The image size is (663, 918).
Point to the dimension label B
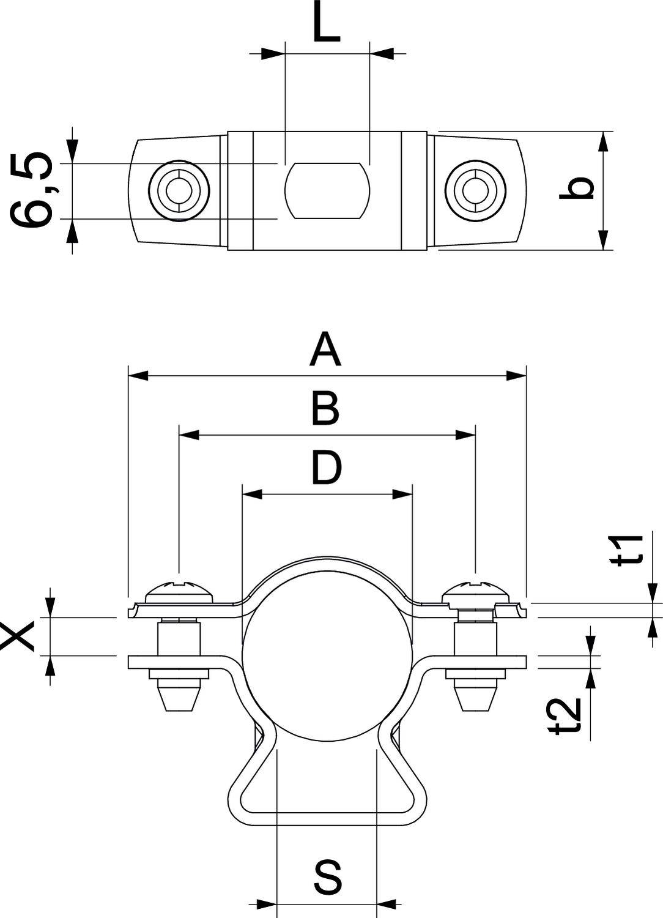pyautogui.click(x=325, y=409)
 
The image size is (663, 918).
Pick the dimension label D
pyautogui.click(x=326, y=468)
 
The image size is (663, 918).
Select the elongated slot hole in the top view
pyautogui.click(x=328, y=190)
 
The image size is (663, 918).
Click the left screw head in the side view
pyautogui.click(x=179, y=591)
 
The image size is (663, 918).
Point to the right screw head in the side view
pyautogui.click(x=475, y=591)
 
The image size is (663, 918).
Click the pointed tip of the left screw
pyautogui.click(x=179, y=701)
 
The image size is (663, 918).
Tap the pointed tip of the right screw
pyautogui.click(x=475, y=701)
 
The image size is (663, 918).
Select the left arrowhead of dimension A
pyautogui.click(x=137, y=375)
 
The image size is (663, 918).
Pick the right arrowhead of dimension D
pyautogui.click(x=402, y=494)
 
